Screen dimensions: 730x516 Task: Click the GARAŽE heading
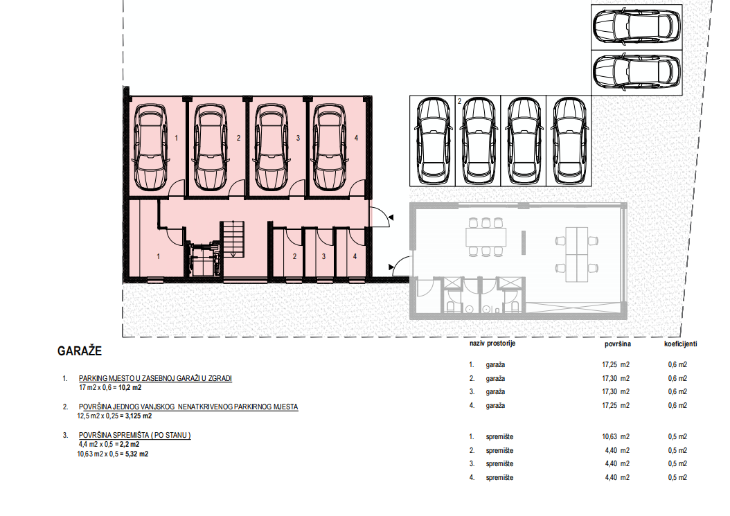(79, 351)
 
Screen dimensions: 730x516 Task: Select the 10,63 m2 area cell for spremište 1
(616, 437)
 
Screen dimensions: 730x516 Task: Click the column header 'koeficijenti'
(680, 344)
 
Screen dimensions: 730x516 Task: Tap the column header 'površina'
(618, 344)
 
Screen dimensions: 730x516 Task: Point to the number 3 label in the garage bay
(298, 138)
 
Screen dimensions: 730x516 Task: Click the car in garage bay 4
(329, 147)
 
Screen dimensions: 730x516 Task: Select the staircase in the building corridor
(232, 239)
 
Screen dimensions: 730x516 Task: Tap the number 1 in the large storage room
(159, 256)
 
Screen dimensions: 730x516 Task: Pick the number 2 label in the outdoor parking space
(459, 102)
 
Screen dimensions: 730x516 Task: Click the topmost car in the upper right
(636, 26)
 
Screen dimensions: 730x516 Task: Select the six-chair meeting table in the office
(486, 237)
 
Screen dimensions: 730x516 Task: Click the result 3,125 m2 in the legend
(139, 416)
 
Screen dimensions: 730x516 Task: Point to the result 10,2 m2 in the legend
(130, 387)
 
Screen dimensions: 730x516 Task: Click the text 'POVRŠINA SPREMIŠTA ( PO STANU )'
(134, 436)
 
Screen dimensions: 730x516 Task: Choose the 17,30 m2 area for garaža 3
(616, 392)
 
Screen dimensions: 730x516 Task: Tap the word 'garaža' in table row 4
(495, 406)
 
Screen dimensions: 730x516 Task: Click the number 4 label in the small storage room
(355, 256)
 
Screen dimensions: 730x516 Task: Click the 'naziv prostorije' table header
(492, 344)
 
